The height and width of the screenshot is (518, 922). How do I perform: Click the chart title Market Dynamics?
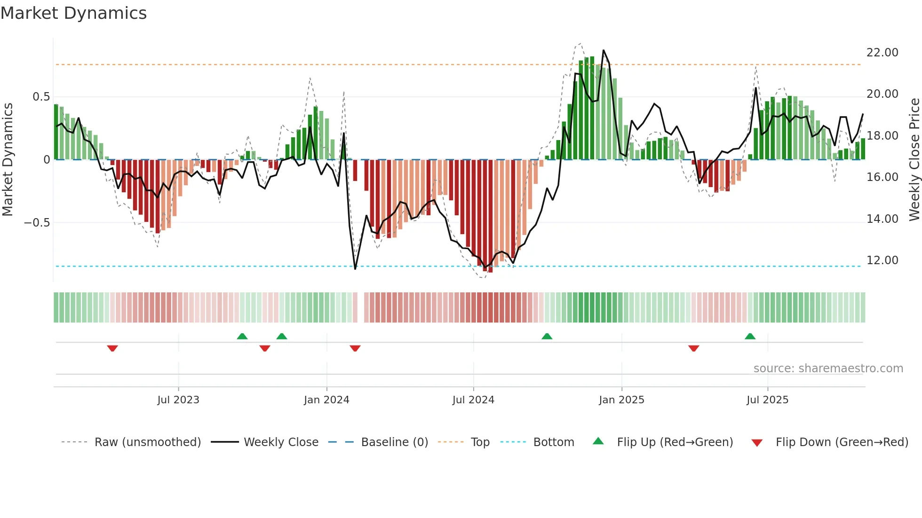point(73,13)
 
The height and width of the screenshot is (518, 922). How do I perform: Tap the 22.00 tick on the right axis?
point(882,53)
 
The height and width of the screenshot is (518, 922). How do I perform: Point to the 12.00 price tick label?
point(882,260)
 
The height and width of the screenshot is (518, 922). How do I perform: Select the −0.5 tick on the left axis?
point(37,223)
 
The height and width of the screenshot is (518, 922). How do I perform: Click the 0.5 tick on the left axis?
point(41,97)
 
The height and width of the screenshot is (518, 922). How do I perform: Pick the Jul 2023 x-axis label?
point(178,400)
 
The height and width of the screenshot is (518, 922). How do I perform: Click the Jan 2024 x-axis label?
point(326,400)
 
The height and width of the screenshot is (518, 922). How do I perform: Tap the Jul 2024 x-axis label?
point(473,400)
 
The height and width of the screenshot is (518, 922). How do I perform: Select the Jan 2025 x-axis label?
point(621,400)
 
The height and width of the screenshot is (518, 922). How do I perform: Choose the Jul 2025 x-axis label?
point(767,400)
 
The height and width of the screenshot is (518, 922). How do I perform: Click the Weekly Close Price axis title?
point(914,160)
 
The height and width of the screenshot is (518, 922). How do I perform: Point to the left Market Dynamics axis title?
point(8,160)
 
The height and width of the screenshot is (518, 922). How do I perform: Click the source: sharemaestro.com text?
point(828,369)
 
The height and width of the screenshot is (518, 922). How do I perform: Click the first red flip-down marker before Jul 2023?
point(112,348)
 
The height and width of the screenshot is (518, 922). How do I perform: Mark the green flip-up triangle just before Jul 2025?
point(750,336)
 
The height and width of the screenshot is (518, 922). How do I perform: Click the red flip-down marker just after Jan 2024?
point(355,348)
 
